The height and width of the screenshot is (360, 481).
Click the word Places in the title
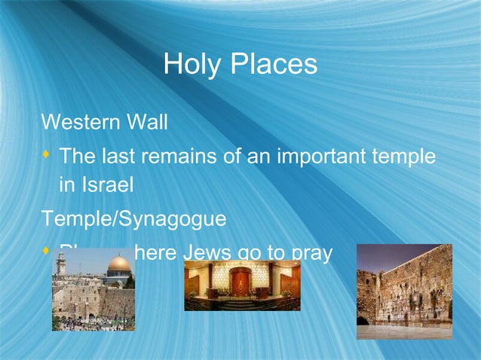[274, 65]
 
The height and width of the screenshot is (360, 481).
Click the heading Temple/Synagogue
[133, 219]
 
